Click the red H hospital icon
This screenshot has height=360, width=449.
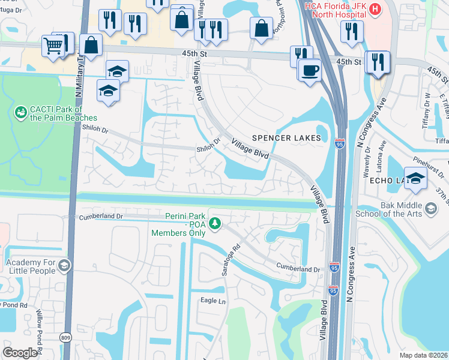pyautogui.click(x=375, y=9)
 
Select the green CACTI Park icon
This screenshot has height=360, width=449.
pyautogui.click(x=21, y=112)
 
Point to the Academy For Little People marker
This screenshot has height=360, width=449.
pyautogui.click(x=64, y=265)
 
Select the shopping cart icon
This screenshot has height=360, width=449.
pyautogui.click(x=53, y=45)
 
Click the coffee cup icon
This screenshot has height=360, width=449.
pyautogui.click(x=310, y=70)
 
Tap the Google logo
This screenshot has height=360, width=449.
pyautogui.click(x=20, y=352)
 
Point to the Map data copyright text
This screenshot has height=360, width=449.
pyautogui.click(x=423, y=355)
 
